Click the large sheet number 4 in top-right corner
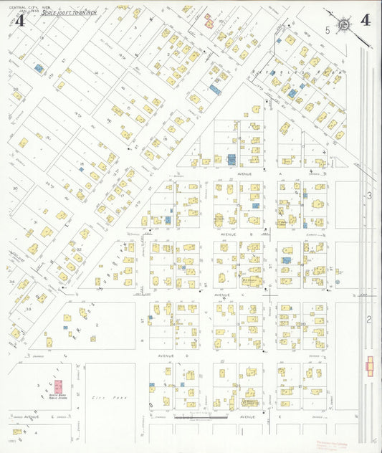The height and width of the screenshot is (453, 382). (x=366, y=19)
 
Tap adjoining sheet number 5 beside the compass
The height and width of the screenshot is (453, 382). (x=328, y=30)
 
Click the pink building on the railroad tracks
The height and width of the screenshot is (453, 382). (x=370, y=366)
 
